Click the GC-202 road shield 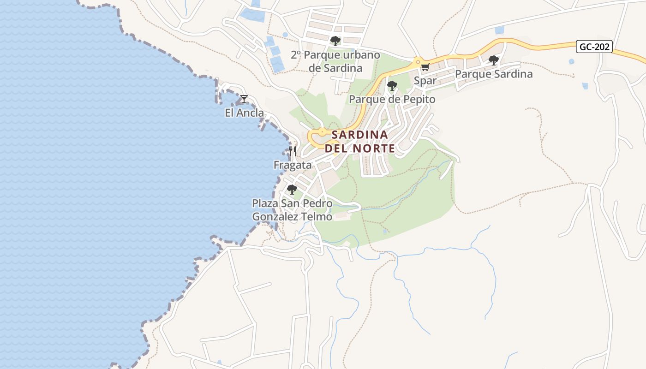(594, 47)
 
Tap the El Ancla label (245, 113)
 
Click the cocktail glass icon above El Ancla (244, 99)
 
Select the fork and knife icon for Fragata (293, 151)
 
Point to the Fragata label (293, 165)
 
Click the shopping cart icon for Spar (425, 67)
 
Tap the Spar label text (425, 81)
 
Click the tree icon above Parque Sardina (493, 60)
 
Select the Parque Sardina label (494, 74)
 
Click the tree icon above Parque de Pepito (392, 86)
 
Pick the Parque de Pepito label (392, 100)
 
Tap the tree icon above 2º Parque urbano (335, 41)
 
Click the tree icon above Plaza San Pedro (292, 190)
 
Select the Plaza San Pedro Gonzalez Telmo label (292, 210)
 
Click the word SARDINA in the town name (360, 135)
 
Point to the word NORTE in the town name (374, 149)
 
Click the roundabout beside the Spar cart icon (418, 61)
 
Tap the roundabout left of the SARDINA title (322, 132)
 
